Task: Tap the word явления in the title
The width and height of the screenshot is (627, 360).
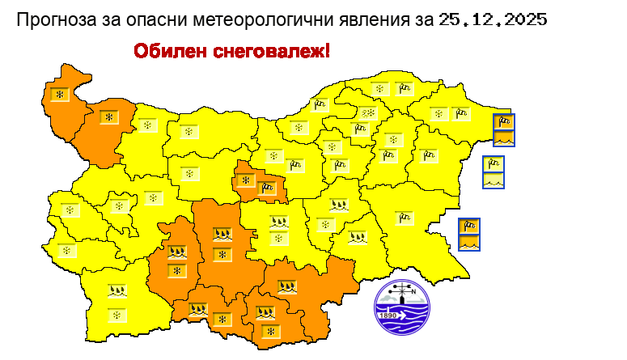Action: tap(368, 19)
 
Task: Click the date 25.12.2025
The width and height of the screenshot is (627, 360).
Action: tap(493, 19)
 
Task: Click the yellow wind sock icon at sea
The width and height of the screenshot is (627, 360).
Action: tap(494, 163)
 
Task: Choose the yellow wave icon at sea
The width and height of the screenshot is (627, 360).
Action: tap(494, 180)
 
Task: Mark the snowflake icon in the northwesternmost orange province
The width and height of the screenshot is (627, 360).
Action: tap(59, 95)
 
